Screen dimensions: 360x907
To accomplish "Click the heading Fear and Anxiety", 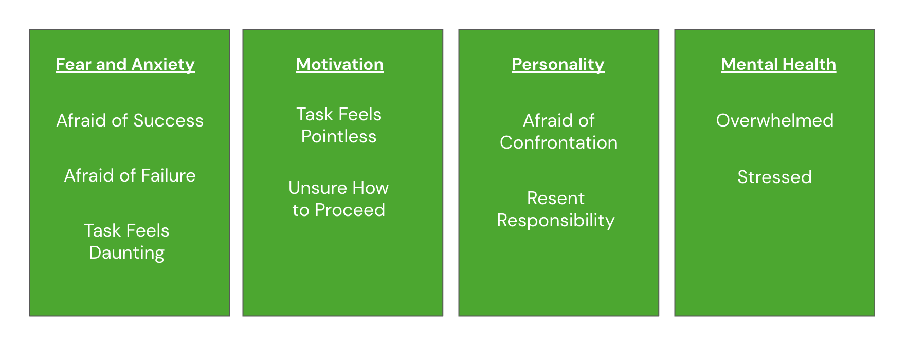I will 125,64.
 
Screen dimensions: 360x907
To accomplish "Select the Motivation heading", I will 340,64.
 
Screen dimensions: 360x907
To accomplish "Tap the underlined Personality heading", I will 558,64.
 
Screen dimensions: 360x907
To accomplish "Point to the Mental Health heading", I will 778,64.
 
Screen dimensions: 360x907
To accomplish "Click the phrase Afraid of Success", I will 130,120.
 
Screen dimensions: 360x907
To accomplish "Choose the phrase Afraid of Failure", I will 130,175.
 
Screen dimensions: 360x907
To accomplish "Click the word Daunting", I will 126,253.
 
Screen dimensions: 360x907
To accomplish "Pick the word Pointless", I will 339,136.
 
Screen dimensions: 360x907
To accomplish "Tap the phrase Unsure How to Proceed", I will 339,199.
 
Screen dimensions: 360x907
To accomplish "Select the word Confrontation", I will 558,142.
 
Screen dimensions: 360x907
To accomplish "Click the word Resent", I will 556,198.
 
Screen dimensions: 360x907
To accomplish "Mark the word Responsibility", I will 556,220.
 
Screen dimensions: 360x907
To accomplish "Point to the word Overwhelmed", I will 774,120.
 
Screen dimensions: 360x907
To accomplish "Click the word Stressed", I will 774,177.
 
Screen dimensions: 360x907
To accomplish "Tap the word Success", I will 168,120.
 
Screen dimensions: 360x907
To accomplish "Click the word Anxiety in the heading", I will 163,64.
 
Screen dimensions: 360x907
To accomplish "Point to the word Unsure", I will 314,188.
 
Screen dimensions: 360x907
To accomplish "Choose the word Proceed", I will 350,210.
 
